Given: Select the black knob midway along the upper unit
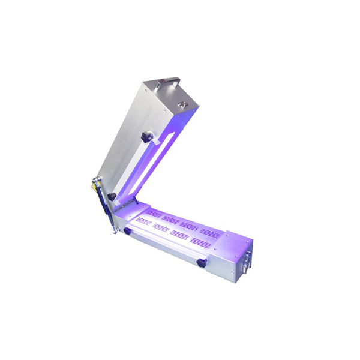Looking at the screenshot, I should pos(145,137).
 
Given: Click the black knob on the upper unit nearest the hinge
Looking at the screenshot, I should pos(112,197).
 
